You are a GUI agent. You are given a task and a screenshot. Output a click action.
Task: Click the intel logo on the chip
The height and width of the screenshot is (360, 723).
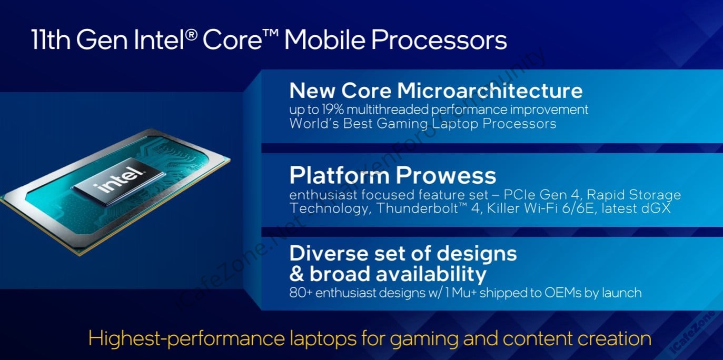coord(119,180)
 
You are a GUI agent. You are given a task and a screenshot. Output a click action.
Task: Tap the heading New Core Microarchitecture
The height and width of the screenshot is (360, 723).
coord(436,91)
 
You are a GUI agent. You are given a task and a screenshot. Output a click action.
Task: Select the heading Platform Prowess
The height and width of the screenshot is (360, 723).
coord(392,175)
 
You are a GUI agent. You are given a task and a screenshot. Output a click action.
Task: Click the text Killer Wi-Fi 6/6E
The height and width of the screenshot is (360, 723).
coord(540,208)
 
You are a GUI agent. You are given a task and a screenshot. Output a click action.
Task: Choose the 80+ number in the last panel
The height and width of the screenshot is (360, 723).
coord(301,293)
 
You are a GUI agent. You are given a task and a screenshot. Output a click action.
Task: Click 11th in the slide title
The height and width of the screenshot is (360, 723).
coord(51,39)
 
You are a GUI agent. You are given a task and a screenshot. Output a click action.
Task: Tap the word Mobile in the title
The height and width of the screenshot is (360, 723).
coord(324,39)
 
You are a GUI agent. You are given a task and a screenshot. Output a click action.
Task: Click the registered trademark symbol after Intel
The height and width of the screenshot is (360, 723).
coord(191,34)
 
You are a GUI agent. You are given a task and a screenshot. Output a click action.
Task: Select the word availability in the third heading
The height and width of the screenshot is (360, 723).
coord(431,274)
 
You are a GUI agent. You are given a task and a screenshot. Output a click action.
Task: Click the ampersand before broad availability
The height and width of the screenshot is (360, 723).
coord(296,274)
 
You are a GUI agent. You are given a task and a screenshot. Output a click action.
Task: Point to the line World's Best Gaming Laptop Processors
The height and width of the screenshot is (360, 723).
coord(423,124)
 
